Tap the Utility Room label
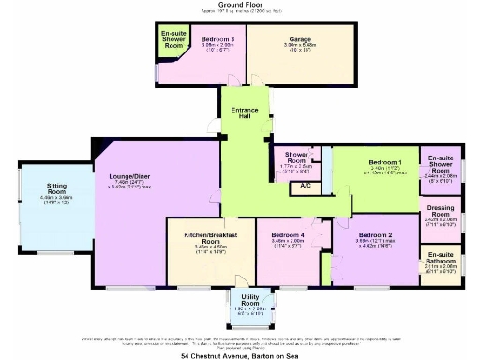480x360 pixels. [x=249, y=300]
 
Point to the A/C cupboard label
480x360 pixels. [x=306, y=187]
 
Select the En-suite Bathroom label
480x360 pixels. [x=440, y=257]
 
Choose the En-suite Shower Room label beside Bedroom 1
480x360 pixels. [x=440, y=162]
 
